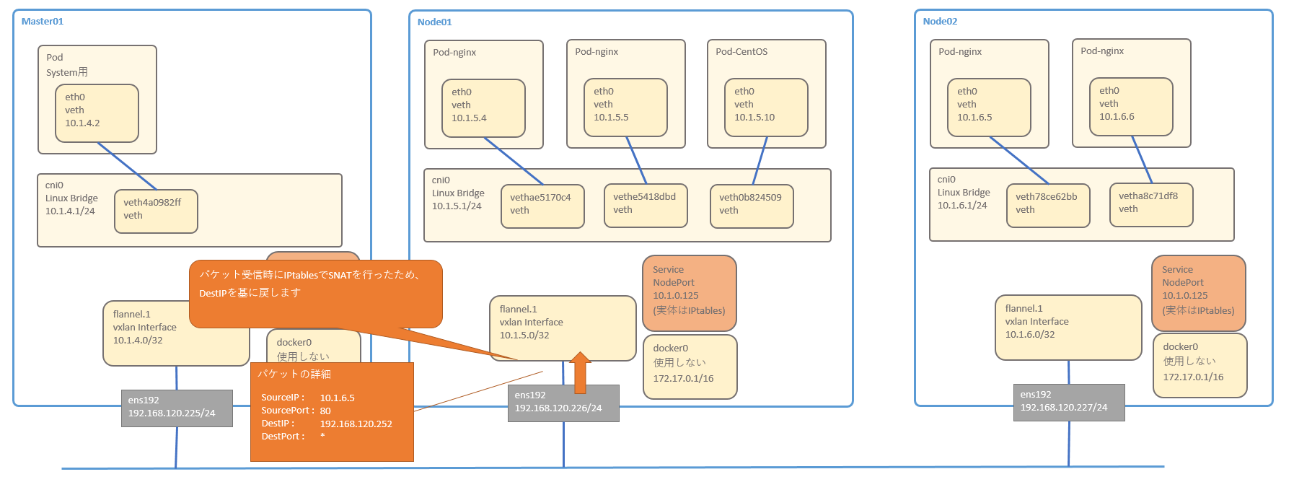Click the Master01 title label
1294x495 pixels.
43,22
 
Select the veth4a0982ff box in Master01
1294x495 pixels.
156,211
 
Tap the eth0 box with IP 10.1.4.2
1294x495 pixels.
97,113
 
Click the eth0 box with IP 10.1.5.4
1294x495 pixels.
483,108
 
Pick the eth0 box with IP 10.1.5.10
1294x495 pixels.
766,107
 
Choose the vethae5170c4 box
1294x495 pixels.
542,206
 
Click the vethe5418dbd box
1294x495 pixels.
646,205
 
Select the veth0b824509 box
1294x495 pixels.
752,206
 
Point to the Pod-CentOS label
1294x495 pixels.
741,52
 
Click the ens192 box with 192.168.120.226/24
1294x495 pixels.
563,403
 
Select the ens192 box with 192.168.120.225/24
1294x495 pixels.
177,408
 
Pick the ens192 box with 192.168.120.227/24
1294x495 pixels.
1069,402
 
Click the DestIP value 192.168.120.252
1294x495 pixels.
356,424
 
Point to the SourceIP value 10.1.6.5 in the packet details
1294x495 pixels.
338,398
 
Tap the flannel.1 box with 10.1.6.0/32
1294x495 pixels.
1068,327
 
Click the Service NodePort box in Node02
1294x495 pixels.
1199,293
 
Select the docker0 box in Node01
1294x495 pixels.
690,366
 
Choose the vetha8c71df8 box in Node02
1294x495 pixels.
1151,205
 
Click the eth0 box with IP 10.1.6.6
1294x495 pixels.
1131,106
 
